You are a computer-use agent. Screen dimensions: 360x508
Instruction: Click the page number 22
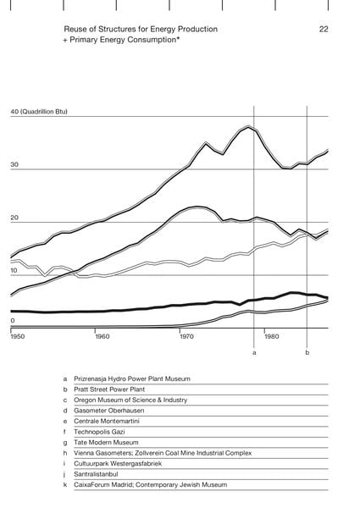coord(324,29)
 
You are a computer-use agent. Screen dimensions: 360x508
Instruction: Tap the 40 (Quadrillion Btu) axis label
coord(39,112)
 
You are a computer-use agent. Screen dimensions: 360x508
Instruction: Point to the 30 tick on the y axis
coord(14,164)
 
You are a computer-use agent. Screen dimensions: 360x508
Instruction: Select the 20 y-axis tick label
coord(14,218)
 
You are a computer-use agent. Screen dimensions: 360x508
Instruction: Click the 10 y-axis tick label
coord(14,271)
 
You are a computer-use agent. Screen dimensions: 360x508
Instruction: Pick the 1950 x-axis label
coord(18,336)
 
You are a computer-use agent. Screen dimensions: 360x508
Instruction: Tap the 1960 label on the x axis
coord(102,336)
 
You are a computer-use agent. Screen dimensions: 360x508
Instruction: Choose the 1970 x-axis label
coord(186,336)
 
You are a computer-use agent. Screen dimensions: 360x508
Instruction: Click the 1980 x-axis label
coord(272,336)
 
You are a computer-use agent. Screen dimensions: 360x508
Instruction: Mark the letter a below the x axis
coord(254,352)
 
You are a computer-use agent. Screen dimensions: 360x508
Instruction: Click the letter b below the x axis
coord(307,352)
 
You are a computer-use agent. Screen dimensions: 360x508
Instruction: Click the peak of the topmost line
coord(248,126)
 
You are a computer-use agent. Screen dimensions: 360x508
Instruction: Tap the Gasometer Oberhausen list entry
coord(109,411)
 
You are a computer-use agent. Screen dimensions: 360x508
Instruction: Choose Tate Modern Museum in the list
coord(106,442)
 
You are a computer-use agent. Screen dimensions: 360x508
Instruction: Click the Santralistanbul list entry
coord(96,474)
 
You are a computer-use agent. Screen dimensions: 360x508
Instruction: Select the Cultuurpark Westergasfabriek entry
coord(118,464)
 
